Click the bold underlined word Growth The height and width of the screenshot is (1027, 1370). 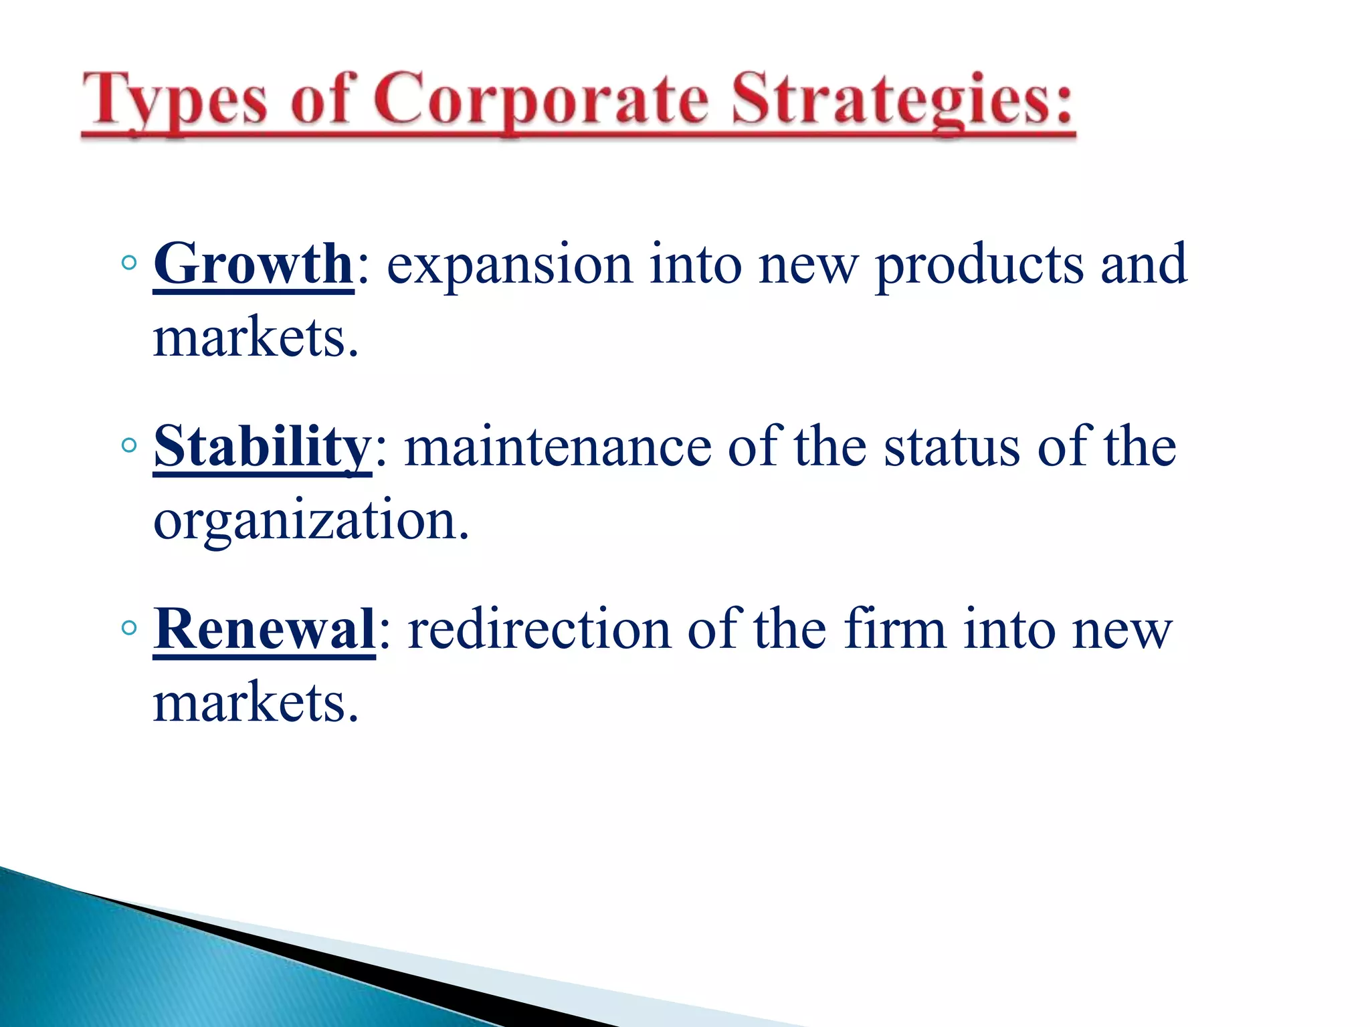point(253,265)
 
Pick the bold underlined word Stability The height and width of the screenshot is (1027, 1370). point(262,447)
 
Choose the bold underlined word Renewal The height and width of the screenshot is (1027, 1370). point(264,630)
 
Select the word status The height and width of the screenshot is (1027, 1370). point(952,447)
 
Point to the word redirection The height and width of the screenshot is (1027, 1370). point(539,630)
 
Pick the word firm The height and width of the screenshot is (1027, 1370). point(894,630)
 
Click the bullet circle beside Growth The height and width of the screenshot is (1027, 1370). point(130,263)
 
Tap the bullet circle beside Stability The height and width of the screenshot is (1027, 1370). point(130,445)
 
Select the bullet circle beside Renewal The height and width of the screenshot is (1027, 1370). point(130,628)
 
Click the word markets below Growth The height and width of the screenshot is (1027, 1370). point(256,338)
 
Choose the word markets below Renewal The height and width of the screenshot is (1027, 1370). point(256,703)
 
